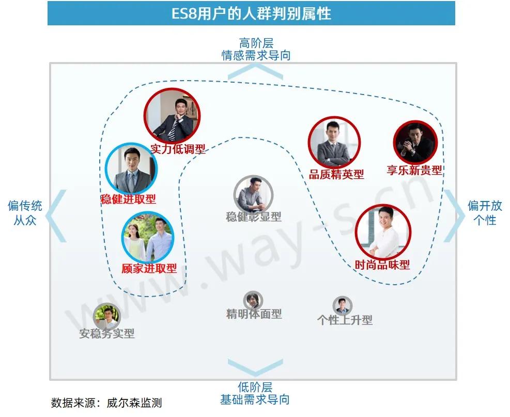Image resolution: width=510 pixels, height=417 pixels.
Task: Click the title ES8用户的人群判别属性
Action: click(x=251, y=13)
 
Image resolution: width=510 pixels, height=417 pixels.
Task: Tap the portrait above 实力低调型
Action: click(x=172, y=117)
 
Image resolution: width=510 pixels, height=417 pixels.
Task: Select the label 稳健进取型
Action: click(x=128, y=199)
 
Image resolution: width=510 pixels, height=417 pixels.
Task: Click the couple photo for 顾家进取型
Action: click(x=147, y=237)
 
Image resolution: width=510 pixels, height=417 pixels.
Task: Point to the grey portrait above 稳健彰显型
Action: click(x=253, y=195)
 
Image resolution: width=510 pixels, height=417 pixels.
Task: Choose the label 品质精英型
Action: click(x=336, y=175)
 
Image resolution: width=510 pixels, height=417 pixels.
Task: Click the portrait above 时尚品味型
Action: click(x=383, y=232)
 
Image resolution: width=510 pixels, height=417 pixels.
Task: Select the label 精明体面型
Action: click(x=254, y=314)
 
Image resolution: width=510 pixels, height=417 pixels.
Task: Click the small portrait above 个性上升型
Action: click(x=342, y=306)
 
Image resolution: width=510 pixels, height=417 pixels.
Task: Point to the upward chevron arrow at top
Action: click(x=255, y=71)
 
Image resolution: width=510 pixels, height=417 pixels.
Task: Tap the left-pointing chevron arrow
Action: click(x=57, y=216)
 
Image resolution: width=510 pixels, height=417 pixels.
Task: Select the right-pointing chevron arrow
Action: click(x=455, y=216)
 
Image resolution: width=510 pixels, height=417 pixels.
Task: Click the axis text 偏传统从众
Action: click(x=25, y=213)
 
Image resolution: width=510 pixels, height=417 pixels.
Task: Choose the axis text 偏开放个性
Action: click(x=485, y=212)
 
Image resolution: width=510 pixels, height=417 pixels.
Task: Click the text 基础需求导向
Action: click(x=255, y=399)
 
